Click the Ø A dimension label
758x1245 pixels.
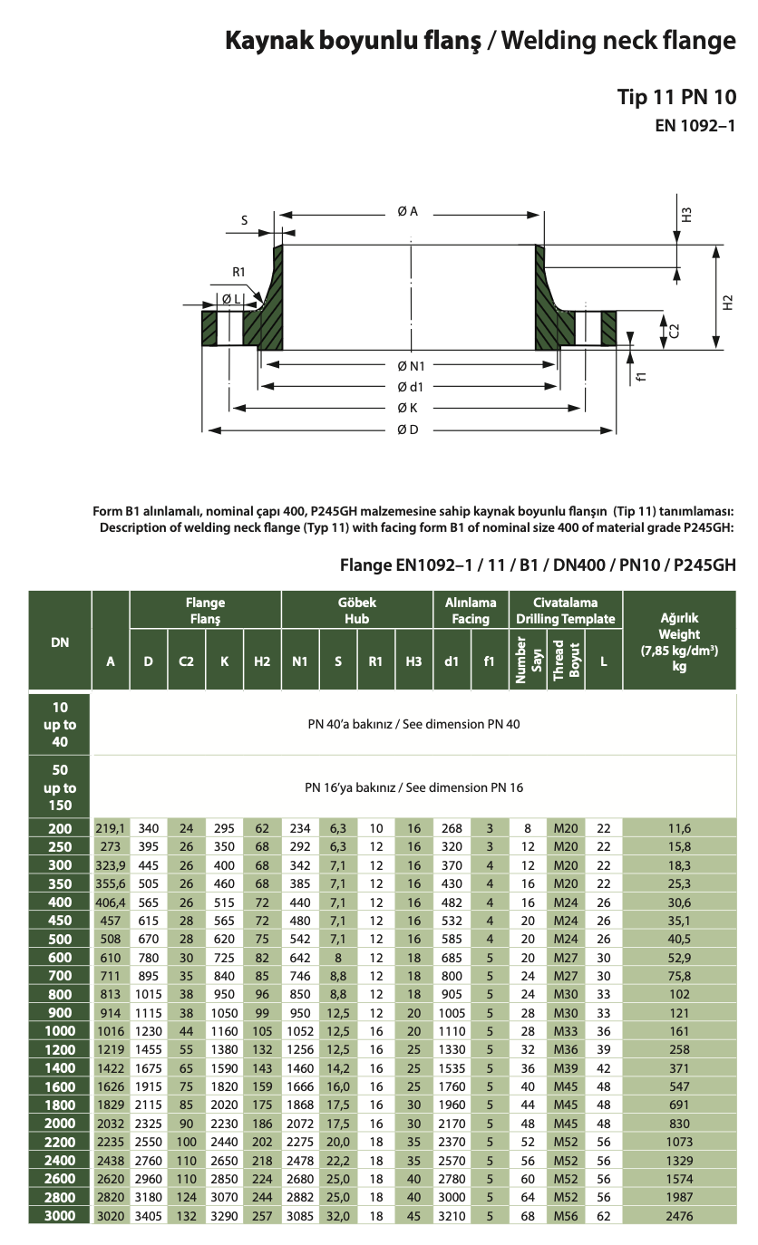tap(407, 211)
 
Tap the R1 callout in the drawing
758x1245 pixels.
tap(238, 272)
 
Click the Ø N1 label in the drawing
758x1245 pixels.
tap(410, 365)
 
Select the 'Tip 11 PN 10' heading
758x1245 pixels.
tap(676, 97)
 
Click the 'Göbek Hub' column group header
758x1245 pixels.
tap(356, 611)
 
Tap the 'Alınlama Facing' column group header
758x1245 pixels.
tap(471, 611)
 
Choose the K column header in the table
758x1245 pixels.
tap(224, 661)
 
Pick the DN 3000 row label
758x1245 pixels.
tap(60, 1215)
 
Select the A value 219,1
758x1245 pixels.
tap(111, 828)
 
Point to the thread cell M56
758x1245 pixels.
tap(566, 1215)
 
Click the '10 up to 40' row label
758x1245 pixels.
tap(60, 724)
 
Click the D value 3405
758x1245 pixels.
tap(149, 1215)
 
